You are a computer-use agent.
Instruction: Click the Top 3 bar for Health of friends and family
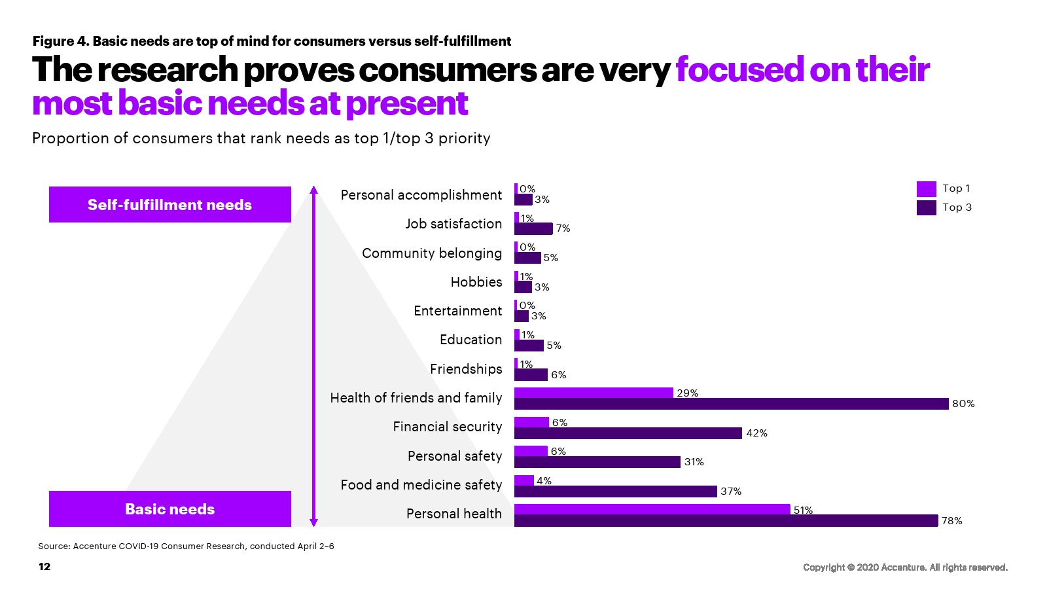(x=731, y=404)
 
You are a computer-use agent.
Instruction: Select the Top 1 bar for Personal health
(x=652, y=509)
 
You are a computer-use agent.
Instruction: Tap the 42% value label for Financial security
(x=756, y=433)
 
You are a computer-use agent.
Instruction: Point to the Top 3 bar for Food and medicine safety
(x=615, y=491)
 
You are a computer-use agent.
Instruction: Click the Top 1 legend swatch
(x=926, y=188)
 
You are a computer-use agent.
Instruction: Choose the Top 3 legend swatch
(x=926, y=207)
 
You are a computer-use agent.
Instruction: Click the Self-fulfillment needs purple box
(x=169, y=204)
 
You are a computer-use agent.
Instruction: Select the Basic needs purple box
(x=169, y=509)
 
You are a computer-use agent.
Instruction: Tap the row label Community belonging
(x=432, y=253)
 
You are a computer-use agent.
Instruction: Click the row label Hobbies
(x=476, y=282)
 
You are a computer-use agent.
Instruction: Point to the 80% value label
(x=963, y=404)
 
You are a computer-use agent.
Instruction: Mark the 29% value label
(x=687, y=393)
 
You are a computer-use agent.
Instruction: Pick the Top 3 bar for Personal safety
(x=597, y=462)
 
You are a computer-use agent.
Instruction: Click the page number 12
(x=44, y=567)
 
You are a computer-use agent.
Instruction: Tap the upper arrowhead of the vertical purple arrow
(x=313, y=190)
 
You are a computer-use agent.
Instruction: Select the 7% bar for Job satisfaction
(x=533, y=228)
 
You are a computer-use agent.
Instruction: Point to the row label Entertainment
(x=457, y=311)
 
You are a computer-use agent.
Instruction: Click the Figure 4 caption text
(x=272, y=41)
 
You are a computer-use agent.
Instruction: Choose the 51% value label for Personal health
(x=803, y=510)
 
